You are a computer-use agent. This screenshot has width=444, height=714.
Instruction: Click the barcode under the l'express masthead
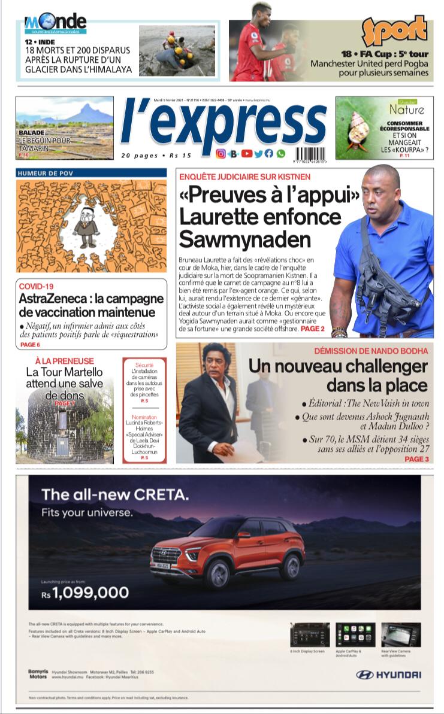point(310,154)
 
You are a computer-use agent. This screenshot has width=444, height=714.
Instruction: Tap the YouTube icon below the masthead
point(247,154)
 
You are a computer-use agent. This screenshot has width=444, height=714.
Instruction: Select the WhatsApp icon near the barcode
point(280,154)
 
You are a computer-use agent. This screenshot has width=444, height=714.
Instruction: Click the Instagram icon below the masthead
point(221,154)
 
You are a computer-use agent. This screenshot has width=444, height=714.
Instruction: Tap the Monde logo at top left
point(55,23)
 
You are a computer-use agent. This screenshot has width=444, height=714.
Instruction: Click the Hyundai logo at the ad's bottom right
point(388,674)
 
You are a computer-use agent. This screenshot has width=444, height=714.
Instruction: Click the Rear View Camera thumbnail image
point(400,634)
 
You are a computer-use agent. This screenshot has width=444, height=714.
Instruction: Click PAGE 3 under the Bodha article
point(416,459)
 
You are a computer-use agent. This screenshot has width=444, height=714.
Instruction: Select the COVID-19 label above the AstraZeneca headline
point(36,287)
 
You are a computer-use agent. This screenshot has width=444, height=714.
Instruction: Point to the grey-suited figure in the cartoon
point(88,226)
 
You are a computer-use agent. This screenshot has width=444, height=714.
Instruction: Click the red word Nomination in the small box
point(144,417)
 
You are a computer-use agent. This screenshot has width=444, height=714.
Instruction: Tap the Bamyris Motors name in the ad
point(38,674)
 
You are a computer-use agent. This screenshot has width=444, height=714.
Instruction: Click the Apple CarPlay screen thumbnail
point(355,634)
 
